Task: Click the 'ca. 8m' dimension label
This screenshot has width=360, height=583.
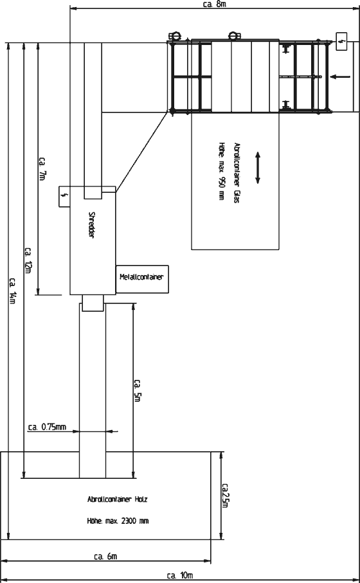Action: [x=215, y=4]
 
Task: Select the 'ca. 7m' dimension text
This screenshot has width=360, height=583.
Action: [x=42, y=169]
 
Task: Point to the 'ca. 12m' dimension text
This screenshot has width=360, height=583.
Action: [x=28, y=260]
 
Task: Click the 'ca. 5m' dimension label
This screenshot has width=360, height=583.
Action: [x=137, y=390]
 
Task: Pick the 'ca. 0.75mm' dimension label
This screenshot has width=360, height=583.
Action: [x=47, y=427]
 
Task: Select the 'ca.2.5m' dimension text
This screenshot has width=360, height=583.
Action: [x=225, y=496]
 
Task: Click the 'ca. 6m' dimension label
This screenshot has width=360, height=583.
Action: [x=105, y=557]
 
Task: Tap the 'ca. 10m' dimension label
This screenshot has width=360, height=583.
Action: [x=180, y=575]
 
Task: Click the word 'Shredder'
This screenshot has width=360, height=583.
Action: [x=91, y=225]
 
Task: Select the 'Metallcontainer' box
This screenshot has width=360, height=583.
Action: [x=142, y=279]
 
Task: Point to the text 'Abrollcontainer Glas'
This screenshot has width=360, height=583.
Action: [x=237, y=172]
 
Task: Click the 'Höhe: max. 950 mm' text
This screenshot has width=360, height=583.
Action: [x=222, y=172]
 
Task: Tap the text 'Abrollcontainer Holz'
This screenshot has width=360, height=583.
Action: [x=118, y=499]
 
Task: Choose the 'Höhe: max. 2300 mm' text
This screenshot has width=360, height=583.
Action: [x=118, y=521]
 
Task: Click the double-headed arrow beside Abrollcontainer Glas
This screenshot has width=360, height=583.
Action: [x=258, y=167]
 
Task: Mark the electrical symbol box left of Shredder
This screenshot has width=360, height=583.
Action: [x=65, y=196]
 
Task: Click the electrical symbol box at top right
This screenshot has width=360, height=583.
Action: [x=342, y=41]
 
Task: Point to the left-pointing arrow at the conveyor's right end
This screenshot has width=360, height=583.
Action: [x=340, y=77]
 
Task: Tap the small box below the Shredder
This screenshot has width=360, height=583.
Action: [x=93, y=303]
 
